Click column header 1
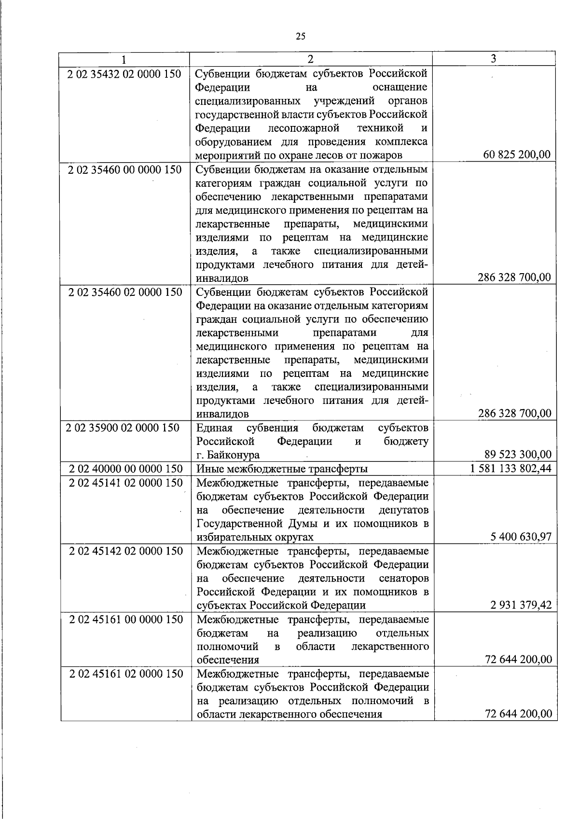coord(124,59)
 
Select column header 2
coord(311,59)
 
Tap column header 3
coord(493,58)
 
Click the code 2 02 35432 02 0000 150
coord(125,74)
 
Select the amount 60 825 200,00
coord(516,155)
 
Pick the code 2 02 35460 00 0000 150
coord(125,169)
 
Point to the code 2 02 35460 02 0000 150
coord(125,292)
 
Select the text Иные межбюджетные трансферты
coord(282,469)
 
